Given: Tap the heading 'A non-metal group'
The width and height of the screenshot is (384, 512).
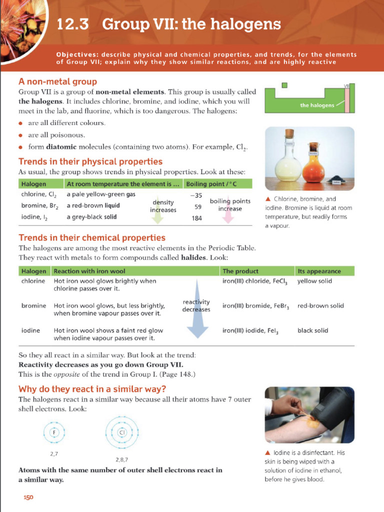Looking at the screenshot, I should tap(57, 81).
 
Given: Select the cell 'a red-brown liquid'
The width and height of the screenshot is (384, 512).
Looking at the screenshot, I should tap(92, 205).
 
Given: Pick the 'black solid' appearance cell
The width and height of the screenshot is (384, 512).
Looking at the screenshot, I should tap(312, 330).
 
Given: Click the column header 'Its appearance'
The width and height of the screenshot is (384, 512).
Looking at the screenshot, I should tap(319, 271).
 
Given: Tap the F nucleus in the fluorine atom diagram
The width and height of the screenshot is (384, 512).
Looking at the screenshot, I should tap(55, 431).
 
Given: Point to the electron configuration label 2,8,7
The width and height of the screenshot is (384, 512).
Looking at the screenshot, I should tap(121, 459).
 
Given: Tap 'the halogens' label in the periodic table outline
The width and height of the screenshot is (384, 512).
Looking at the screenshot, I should tap(317, 105).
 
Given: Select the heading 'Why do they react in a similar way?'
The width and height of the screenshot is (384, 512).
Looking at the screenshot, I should tap(92, 389).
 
